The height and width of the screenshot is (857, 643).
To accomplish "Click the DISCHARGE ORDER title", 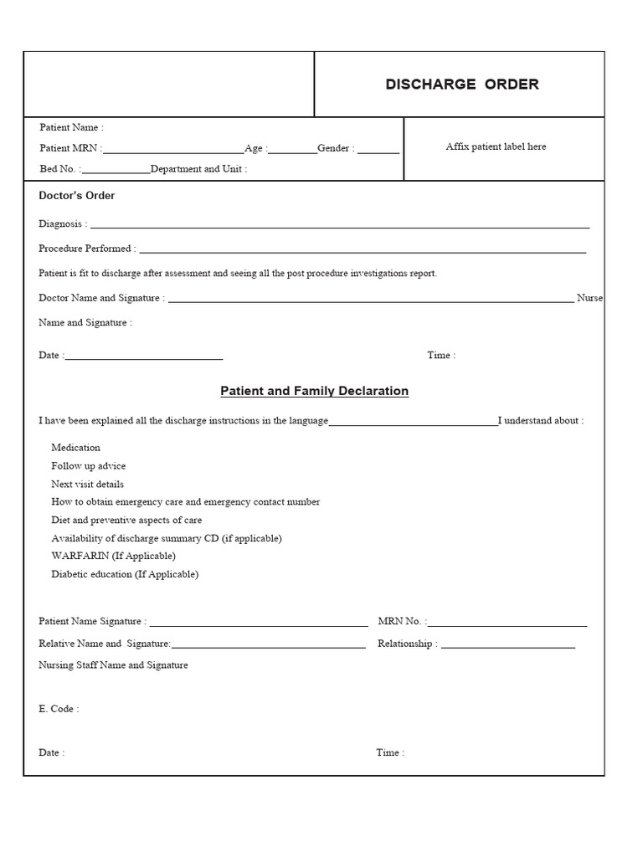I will click(x=462, y=85).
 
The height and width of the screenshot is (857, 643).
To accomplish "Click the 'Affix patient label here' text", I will click(x=496, y=146).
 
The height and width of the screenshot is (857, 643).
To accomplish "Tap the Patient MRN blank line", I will click(x=174, y=152).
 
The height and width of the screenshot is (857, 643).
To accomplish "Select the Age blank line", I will click(x=293, y=152).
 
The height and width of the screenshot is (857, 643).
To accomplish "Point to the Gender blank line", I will click(x=378, y=152).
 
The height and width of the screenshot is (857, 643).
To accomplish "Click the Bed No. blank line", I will click(x=116, y=172).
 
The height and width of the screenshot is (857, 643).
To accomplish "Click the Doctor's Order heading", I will click(x=77, y=196).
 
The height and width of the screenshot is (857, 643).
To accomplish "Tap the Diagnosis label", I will click(x=62, y=224).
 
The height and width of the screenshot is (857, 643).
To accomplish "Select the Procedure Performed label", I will click(x=86, y=249).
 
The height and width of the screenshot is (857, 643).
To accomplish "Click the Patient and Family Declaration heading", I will click(x=314, y=391).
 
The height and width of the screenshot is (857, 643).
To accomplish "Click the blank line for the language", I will click(x=413, y=424).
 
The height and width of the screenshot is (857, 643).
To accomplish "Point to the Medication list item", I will click(x=75, y=448).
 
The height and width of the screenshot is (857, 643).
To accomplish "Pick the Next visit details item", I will click(x=87, y=484).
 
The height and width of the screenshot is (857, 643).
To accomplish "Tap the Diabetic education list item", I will click(x=125, y=574).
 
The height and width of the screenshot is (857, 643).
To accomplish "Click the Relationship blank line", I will click(x=508, y=647).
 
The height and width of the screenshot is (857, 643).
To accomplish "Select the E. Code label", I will click(x=59, y=709).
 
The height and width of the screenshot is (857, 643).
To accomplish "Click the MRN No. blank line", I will click(x=507, y=625).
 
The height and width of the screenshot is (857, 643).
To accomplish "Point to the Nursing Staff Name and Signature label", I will click(x=113, y=665).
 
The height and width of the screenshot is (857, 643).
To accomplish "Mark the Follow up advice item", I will click(x=88, y=466).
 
